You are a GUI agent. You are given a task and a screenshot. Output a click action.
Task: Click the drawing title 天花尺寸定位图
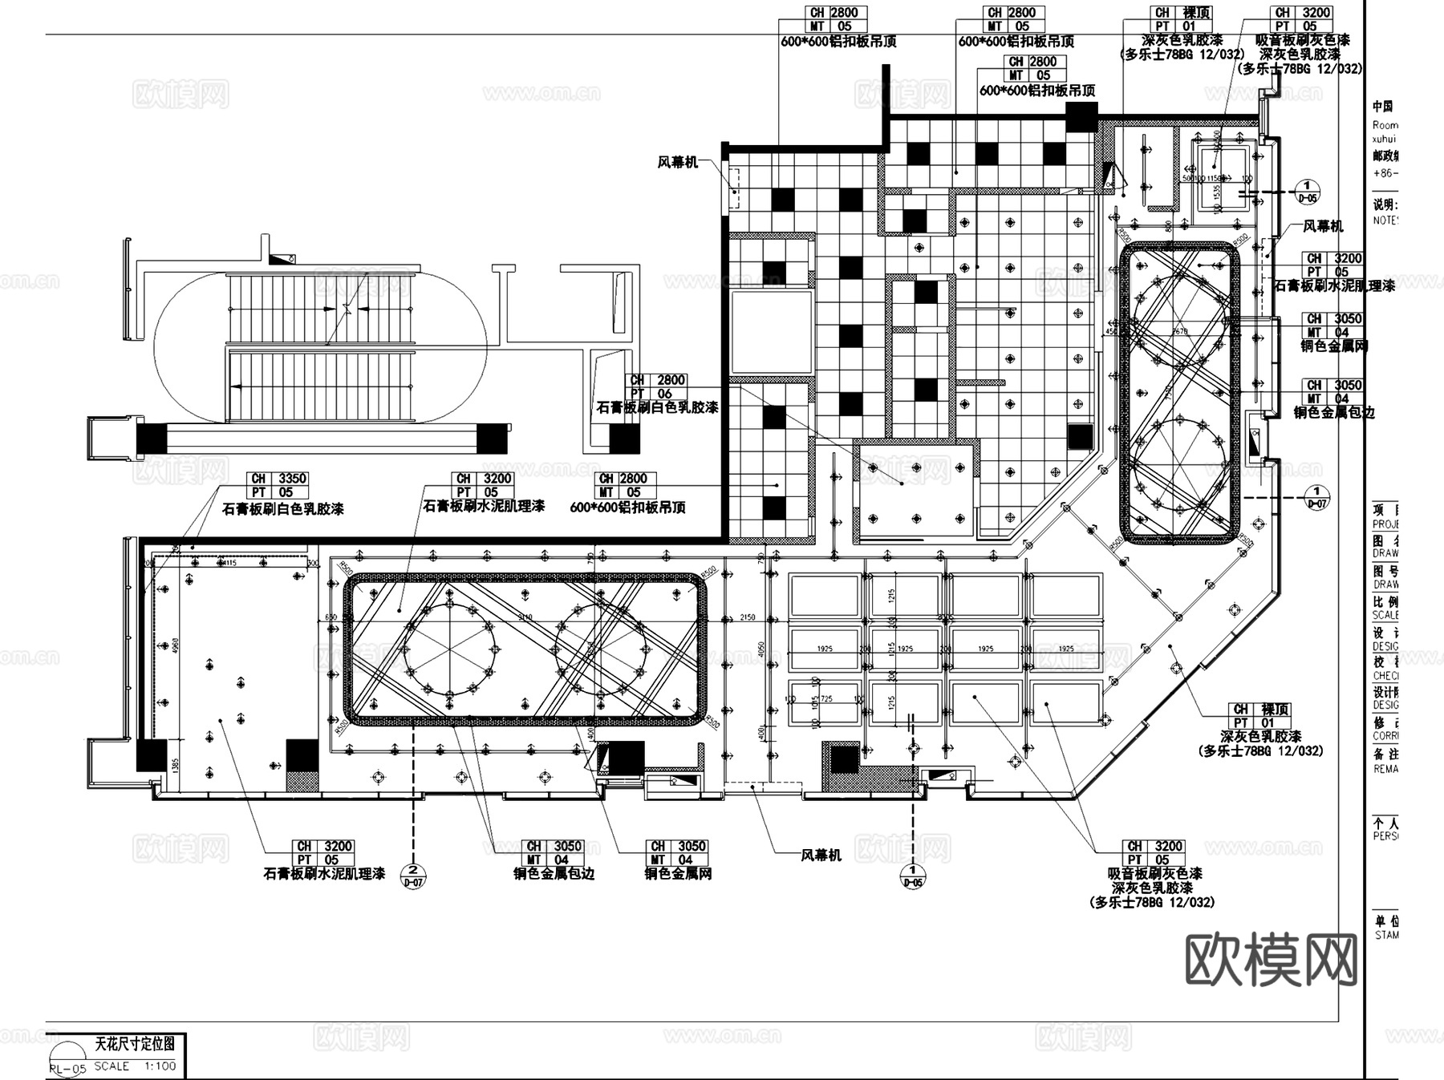(x=134, y=1044)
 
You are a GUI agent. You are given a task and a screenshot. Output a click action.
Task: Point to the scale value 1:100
(x=160, y=1066)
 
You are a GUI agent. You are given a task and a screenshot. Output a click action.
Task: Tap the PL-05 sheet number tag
(x=67, y=1068)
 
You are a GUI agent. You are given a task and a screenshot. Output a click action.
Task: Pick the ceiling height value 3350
(x=291, y=479)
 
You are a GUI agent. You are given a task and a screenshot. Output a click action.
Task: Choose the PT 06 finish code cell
(x=651, y=394)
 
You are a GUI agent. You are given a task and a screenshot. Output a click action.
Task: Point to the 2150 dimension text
(x=748, y=618)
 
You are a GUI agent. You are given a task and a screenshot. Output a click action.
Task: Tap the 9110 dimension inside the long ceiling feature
(x=525, y=617)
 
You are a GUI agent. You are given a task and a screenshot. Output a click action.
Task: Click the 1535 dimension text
(x=1217, y=191)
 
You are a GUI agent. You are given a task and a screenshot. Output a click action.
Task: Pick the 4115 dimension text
(x=227, y=562)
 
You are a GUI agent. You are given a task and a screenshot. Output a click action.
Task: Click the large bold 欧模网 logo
(x=1271, y=960)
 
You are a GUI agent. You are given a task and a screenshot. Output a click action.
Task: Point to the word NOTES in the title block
(x=1385, y=220)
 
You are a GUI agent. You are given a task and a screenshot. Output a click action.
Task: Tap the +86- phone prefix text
(x=1384, y=172)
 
